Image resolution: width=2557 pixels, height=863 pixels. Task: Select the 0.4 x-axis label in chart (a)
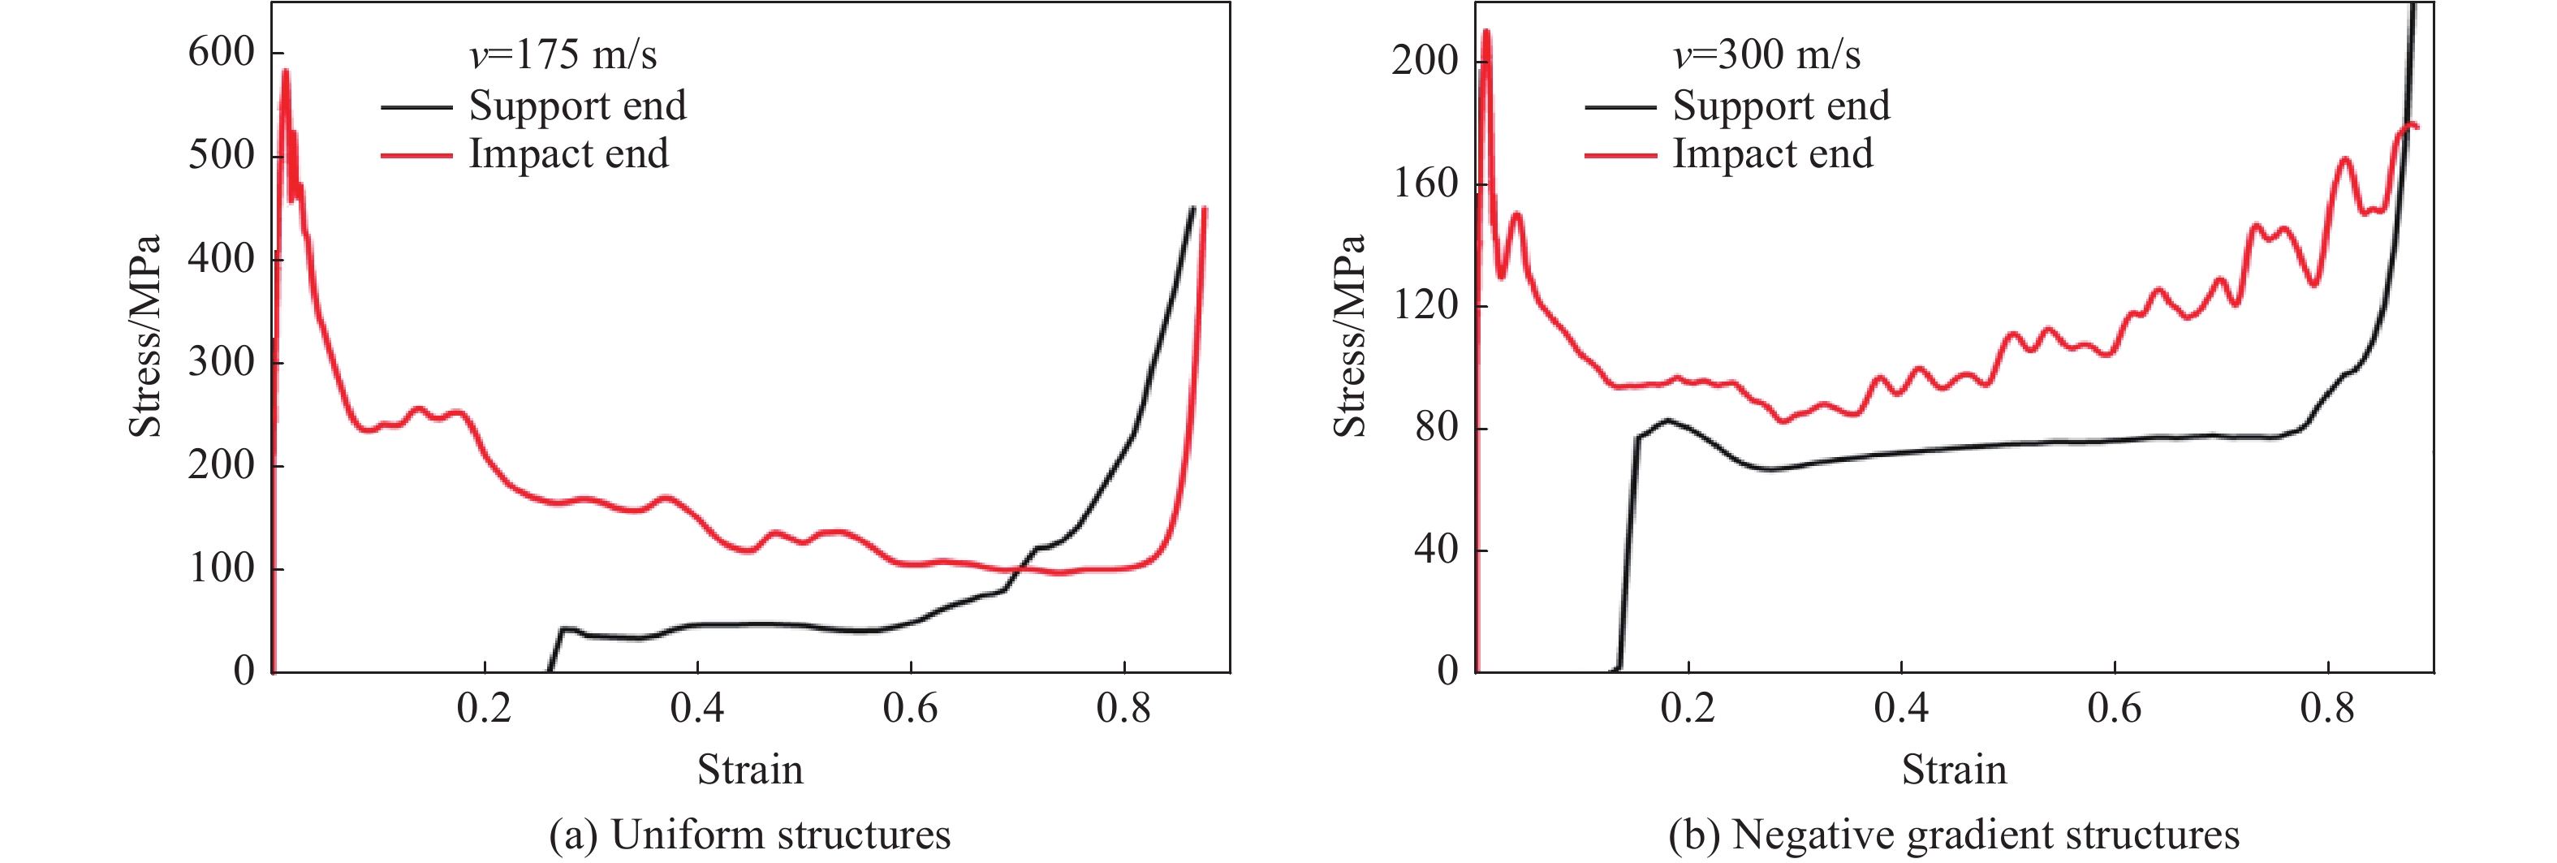click(x=696, y=708)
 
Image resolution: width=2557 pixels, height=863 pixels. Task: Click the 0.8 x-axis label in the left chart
click(x=1123, y=708)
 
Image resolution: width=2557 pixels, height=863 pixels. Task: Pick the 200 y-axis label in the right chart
click(x=1425, y=61)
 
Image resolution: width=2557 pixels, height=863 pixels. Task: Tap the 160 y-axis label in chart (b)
click(x=1425, y=183)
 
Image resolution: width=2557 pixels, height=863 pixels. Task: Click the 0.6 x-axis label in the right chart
click(x=2115, y=708)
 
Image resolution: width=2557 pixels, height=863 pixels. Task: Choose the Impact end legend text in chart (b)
click(x=1773, y=154)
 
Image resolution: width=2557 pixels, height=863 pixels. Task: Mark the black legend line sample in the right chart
click(x=1620, y=106)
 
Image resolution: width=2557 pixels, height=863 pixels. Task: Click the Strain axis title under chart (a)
click(x=749, y=770)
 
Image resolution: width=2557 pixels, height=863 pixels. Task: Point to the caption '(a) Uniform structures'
click(x=749, y=835)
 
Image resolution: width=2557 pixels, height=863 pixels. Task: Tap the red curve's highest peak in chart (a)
click(x=286, y=71)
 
